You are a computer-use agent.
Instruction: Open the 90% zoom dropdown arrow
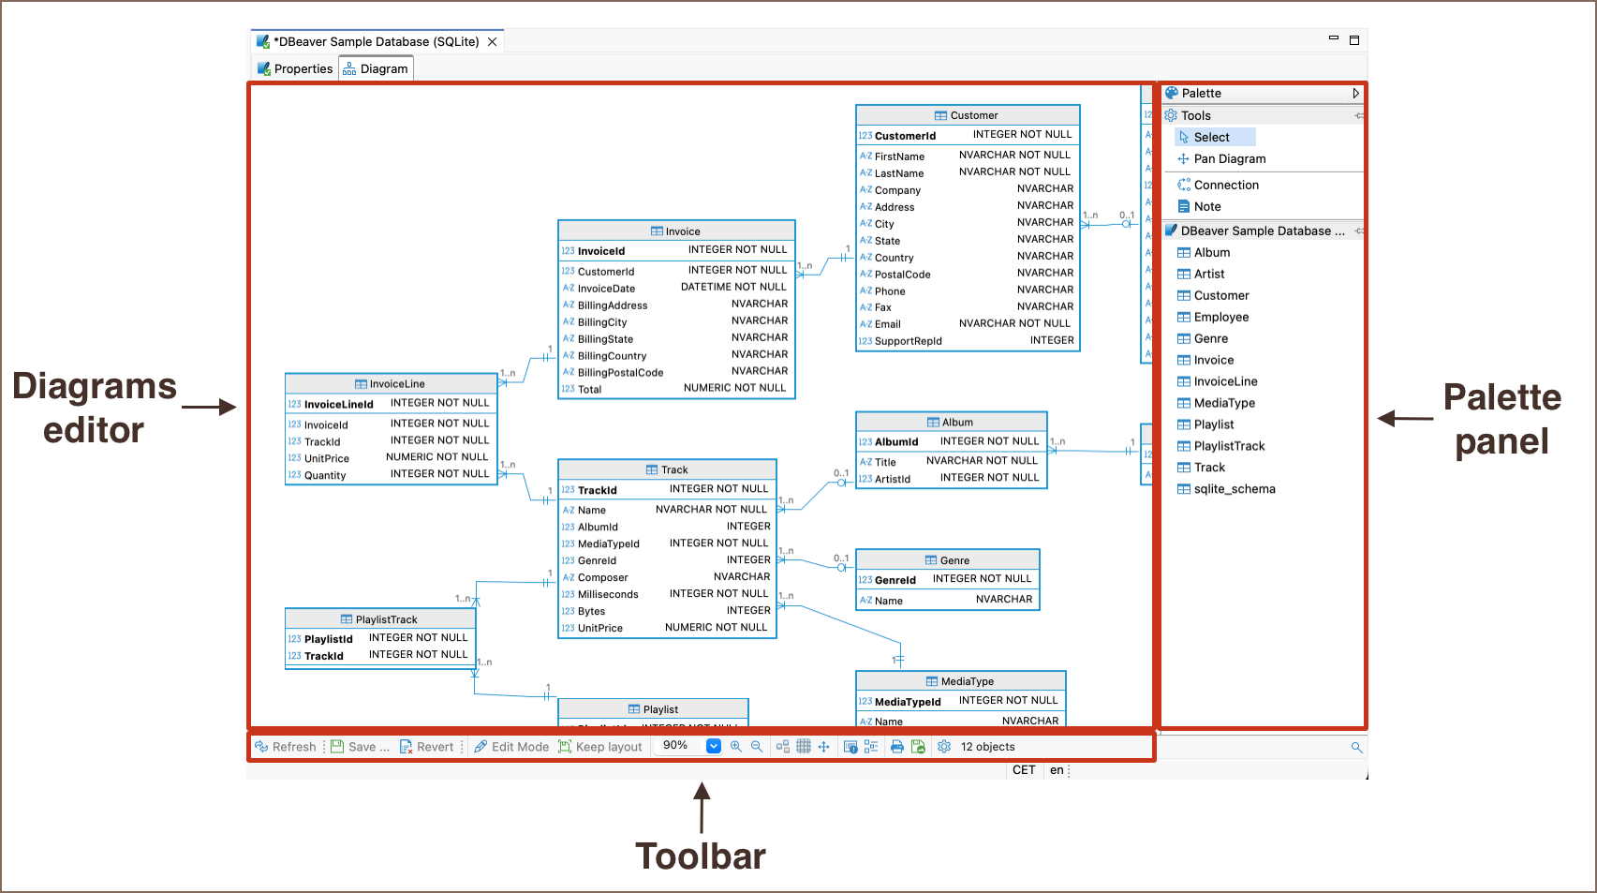point(713,746)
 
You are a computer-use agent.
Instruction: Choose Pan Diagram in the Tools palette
point(1229,159)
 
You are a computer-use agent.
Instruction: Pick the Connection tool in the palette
point(1225,186)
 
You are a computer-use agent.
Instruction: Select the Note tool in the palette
point(1206,207)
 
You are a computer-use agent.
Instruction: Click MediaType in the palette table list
point(1223,404)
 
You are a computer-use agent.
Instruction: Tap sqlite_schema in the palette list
point(1234,490)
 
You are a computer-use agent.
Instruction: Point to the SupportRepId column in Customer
point(908,342)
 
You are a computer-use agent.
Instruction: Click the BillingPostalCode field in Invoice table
point(620,373)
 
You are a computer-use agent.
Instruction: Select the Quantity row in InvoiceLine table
point(325,476)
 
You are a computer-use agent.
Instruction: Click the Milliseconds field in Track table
point(608,595)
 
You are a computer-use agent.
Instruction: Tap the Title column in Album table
point(885,463)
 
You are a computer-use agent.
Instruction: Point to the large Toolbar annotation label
point(701,856)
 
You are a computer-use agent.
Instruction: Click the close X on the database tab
point(493,42)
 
